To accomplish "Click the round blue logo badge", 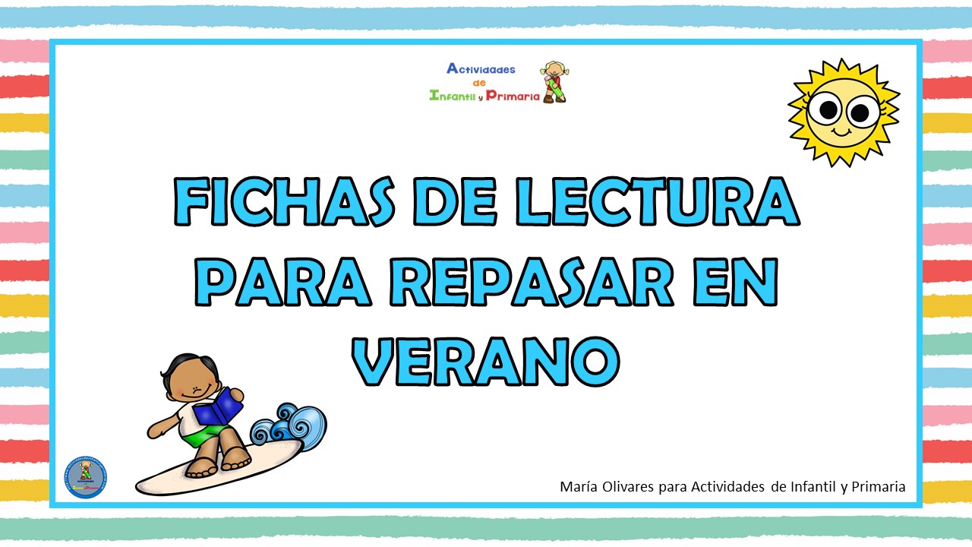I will [85, 477].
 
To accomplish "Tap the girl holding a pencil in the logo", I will [554, 81].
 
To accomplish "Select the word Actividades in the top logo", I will [481, 69].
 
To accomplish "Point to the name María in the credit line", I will [578, 486].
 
